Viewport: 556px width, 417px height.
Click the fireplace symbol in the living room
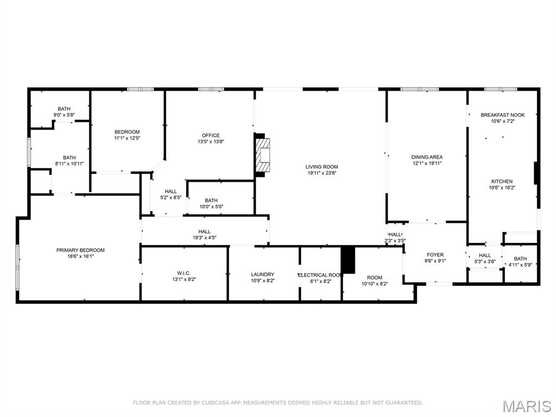[263, 155]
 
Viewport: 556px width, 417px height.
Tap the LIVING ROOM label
[321, 167]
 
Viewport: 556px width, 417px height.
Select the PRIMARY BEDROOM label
[80, 250]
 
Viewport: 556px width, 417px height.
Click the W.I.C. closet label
[184, 273]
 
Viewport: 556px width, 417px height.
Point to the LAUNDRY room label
[262, 275]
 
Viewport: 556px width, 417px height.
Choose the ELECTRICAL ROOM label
[320, 275]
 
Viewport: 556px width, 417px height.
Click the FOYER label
[435, 254]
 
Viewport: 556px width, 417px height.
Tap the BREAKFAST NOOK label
[502, 115]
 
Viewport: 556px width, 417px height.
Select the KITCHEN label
[502, 182]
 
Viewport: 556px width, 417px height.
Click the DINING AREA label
[427, 157]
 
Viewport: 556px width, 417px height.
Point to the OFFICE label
[211, 135]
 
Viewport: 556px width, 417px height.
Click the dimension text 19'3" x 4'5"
[204, 238]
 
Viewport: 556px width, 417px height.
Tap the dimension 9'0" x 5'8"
[64, 115]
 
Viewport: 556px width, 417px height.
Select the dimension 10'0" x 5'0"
[211, 207]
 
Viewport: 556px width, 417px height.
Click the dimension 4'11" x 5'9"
[520, 265]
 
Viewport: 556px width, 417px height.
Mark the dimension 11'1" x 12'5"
[127, 138]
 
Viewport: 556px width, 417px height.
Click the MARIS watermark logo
[526, 406]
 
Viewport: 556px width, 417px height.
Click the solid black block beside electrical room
[347, 260]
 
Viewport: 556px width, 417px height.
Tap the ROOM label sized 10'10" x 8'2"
[375, 277]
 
